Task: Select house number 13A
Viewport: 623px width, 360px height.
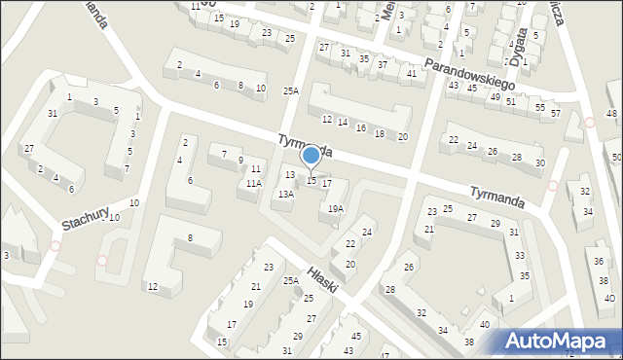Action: pos(284,194)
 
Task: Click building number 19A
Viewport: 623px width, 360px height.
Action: pos(335,208)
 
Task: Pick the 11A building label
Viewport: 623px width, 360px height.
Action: pos(253,183)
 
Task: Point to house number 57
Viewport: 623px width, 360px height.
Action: pos(556,113)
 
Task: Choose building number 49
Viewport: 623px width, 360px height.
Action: pos(495,96)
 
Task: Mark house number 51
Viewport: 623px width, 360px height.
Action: pos(510,101)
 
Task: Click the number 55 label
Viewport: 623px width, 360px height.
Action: pos(540,107)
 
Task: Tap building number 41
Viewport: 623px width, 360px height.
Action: pos(412,74)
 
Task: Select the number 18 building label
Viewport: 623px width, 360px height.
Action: pos(379,132)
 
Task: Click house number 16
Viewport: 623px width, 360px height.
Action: pos(360,127)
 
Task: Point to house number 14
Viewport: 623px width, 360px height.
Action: pos(342,122)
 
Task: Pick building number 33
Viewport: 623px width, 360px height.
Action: pos(520,255)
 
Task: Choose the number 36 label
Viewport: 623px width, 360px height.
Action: pos(598,261)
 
